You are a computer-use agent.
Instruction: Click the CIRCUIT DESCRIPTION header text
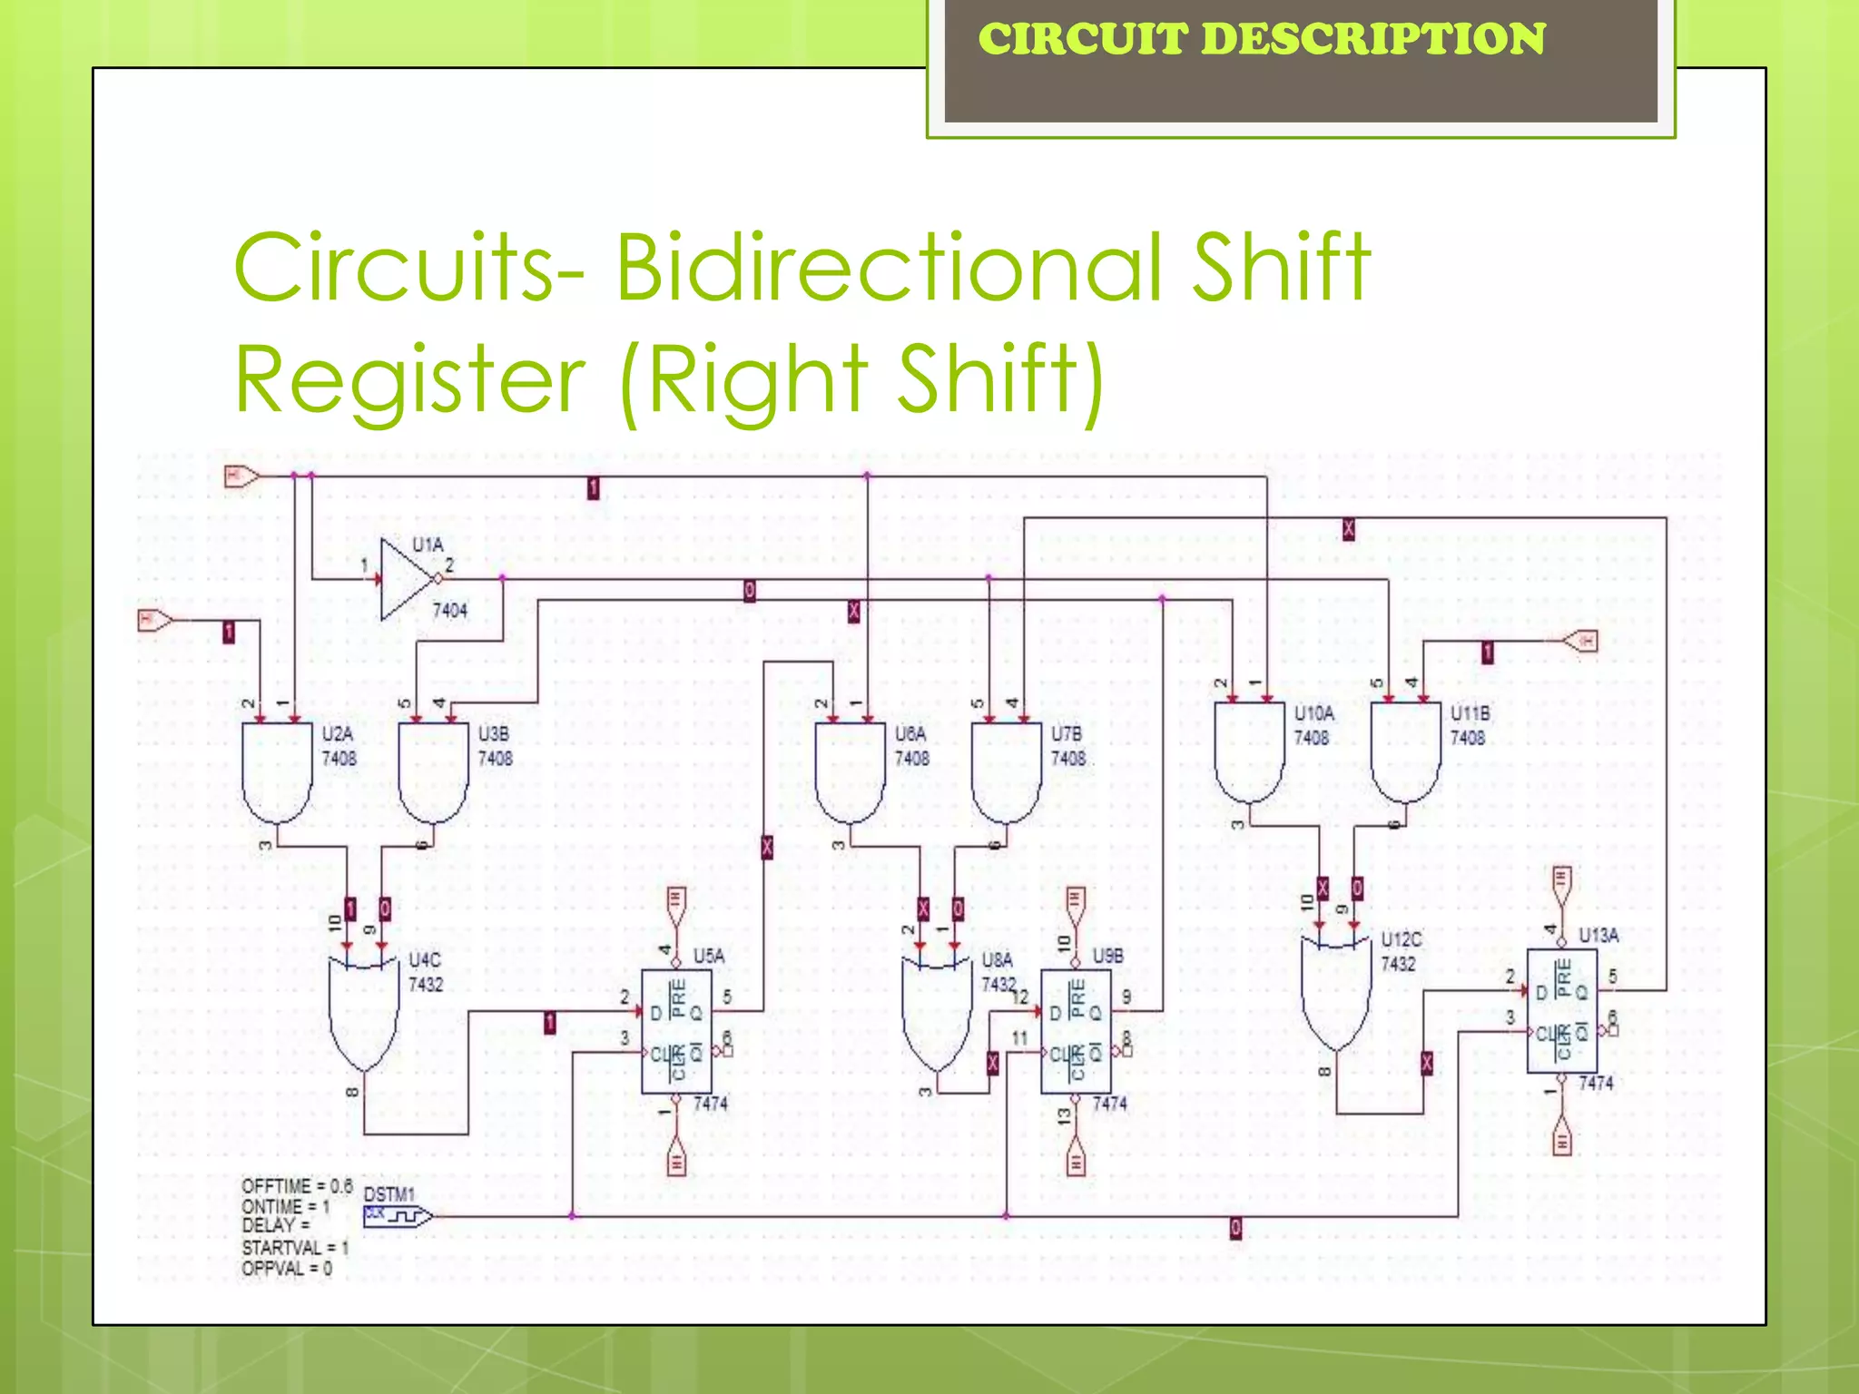tap(1261, 39)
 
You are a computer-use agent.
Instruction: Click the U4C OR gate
tap(363, 1013)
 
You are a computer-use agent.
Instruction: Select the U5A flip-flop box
tap(676, 1031)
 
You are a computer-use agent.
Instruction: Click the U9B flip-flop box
tap(1076, 1031)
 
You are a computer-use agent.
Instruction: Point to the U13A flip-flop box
tap(1561, 1011)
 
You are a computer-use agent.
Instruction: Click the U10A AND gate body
tap(1249, 750)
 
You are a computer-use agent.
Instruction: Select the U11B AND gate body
tap(1405, 750)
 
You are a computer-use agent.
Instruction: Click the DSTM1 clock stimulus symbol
tap(397, 1216)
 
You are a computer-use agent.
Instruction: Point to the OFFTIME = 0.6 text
tap(296, 1186)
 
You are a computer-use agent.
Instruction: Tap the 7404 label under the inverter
tap(449, 610)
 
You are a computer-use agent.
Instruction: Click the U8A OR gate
tap(936, 1013)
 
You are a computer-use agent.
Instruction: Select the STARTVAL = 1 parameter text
tap(294, 1248)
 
